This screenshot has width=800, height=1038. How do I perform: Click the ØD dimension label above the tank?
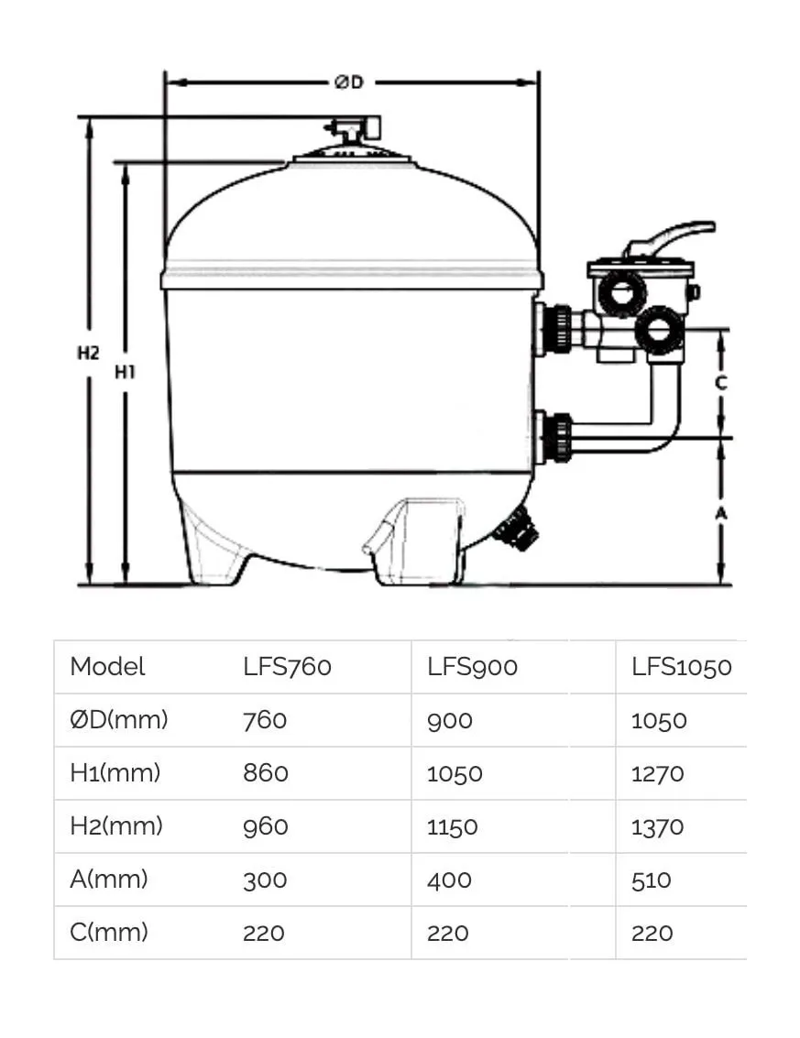(x=349, y=82)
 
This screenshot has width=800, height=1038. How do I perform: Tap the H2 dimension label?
(x=88, y=353)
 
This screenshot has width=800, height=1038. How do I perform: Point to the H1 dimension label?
(x=125, y=373)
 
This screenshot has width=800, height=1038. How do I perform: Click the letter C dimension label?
(x=721, y=383)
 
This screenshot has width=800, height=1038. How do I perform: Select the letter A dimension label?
(x=721, y=513)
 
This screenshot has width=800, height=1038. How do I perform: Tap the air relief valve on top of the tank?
(x=352, y=127)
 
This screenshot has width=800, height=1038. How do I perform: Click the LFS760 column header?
(x=287, y=667)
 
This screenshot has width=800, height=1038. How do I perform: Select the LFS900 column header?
(x=472, y=667)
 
